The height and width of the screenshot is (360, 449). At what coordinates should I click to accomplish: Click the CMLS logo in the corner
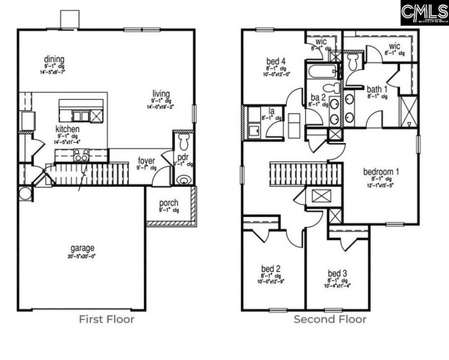(424, 12)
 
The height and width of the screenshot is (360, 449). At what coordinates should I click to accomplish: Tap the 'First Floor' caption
(106, 320)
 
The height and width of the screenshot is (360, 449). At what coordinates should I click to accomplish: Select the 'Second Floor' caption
(330, 320)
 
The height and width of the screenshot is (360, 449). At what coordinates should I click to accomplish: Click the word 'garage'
(82, 247)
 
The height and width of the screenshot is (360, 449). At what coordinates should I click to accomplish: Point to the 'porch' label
(169, 202)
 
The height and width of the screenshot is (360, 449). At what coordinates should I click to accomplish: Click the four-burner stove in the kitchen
(82, 156)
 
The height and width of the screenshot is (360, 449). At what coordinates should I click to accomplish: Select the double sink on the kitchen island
(81, 116)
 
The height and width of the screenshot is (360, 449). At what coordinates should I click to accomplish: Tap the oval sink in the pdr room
(183, 180)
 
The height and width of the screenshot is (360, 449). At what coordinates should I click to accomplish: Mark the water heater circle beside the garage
(25, 193)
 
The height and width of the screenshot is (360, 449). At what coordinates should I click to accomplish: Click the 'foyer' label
(146, 161)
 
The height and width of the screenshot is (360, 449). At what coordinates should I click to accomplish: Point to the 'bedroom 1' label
(382, 171)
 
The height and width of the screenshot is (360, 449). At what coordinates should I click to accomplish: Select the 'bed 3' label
(337, 273)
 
